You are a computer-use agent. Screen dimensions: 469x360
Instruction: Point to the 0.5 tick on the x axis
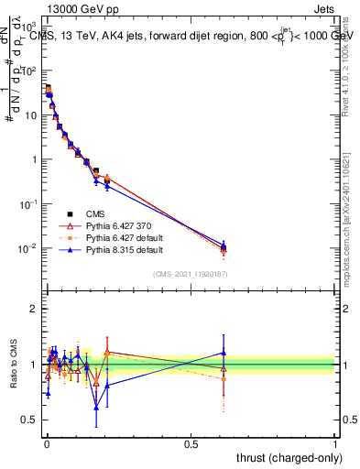point(191,443)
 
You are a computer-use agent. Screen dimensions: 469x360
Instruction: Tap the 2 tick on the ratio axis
point(36,309)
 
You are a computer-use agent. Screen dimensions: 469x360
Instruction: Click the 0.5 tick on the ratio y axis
point(33,420)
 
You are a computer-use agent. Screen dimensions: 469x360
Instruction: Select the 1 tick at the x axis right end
point(336,443)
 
